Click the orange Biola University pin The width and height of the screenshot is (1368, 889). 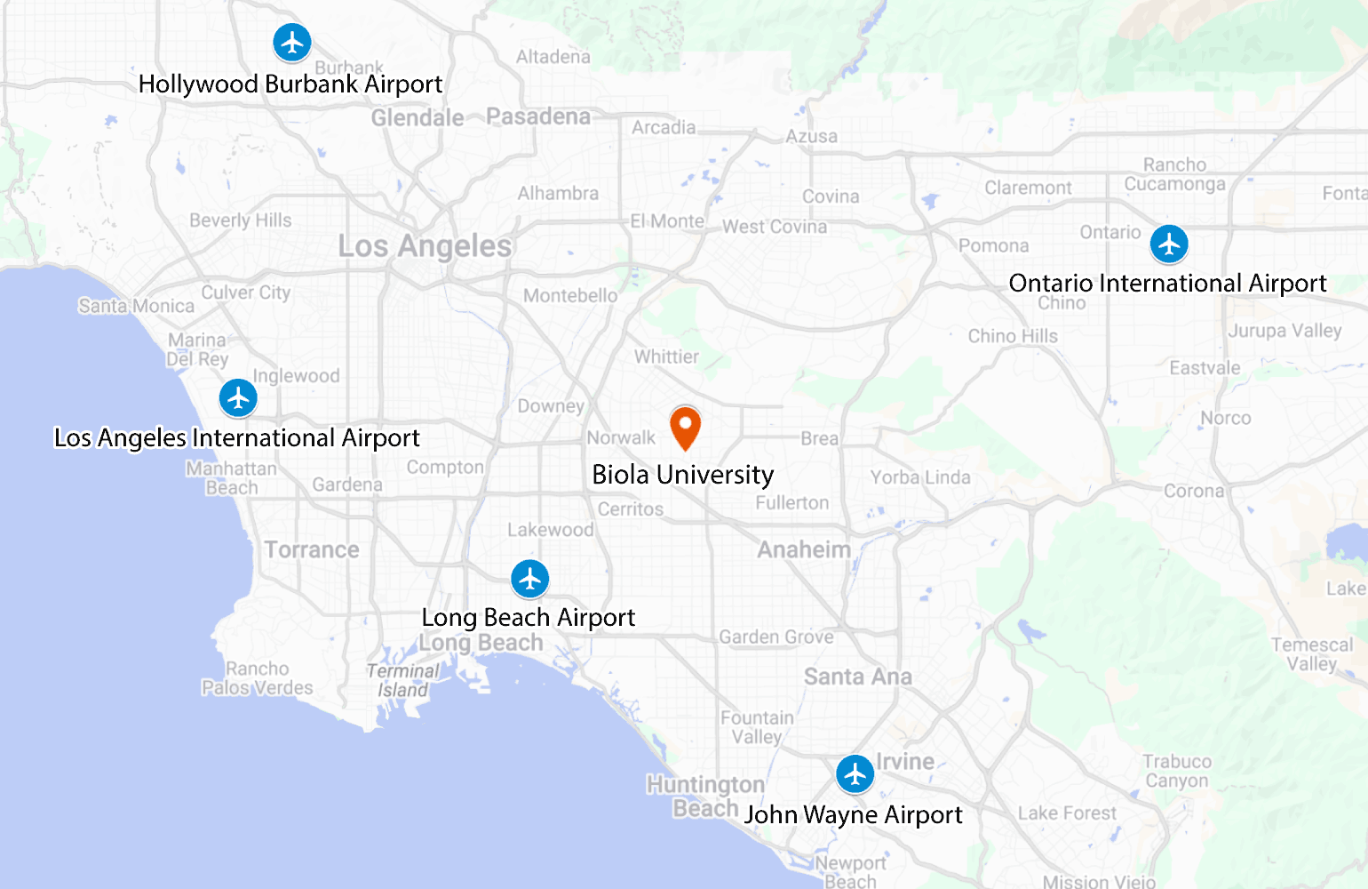pos(685,426)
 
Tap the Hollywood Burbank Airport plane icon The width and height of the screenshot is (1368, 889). pos(291,42)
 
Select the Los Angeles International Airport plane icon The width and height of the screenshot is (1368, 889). pos(238,398)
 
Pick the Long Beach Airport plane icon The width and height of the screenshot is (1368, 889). pos(530,580)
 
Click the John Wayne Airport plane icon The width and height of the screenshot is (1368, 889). pos(855,774)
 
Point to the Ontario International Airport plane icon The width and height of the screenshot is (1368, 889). pos(1169,244)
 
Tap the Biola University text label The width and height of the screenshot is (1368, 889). pos(682,475)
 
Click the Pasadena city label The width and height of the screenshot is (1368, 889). pos(538,116)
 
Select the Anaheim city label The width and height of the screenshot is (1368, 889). pos(804,549)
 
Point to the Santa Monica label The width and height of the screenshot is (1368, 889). pos(136,306)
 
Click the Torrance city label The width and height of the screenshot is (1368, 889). pos(312,549)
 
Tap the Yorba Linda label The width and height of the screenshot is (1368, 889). pos(920,477)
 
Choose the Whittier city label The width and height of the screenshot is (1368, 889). pos(666,356)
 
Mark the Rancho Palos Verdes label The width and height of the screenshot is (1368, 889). pos(258,678)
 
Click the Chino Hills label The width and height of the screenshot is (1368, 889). pos(1013,336)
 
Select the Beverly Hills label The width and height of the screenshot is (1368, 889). pos(240,220)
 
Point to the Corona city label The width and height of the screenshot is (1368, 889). pos(1194,491)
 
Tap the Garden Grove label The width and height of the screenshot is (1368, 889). pos(776,637)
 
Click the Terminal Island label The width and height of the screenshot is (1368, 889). pos(402,680)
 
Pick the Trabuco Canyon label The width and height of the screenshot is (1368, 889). pos(1177,771)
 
